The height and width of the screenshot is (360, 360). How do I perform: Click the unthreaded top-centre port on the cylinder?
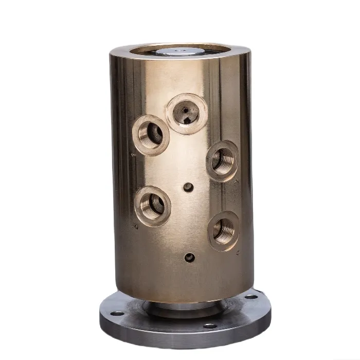[186, 113]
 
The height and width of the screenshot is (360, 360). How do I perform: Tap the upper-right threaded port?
[222, 160]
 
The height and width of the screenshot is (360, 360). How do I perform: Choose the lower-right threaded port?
[224, 230]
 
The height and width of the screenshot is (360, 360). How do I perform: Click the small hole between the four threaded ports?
[188, 187]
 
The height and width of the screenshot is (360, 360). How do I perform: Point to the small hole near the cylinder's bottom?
[190, 257]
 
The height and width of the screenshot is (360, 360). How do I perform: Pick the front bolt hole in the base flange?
[209, 326]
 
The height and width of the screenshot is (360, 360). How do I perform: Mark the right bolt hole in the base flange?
[251, 297]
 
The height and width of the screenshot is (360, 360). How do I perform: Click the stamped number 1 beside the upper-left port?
[133, 154]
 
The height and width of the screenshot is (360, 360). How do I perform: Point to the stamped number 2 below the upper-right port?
[236, 182]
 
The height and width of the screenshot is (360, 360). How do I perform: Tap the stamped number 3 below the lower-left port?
[135, 226]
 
